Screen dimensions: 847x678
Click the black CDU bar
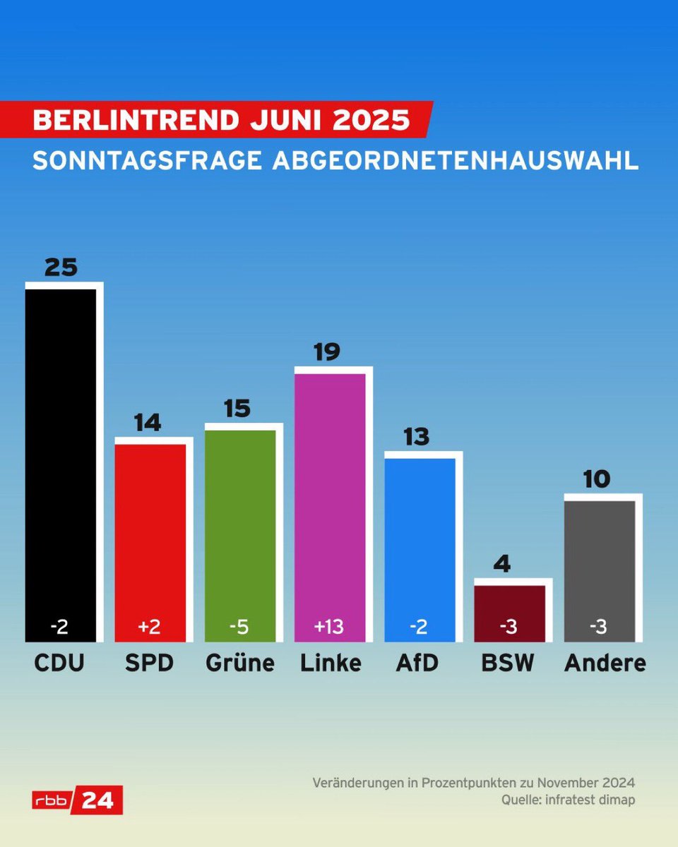click(x=60, y=459)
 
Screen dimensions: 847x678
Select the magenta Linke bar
click(x=330, y=501)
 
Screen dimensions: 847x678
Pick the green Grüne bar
click(x=240, y=529)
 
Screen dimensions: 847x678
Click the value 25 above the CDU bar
click(x=61, y=268)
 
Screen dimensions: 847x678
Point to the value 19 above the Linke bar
click(x=327, y=352)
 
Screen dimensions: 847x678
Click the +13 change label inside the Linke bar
click(x=329, y=626)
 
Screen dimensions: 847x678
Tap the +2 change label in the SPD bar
click(x=150, y=626)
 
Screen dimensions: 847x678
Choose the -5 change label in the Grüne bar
click(x=239, y=626)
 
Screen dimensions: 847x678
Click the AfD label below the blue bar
click(x=417, y=663)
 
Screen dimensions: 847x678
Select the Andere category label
click(x=605, y=663)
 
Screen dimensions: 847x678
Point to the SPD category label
click(x=150, y=663)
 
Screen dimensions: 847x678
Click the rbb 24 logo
click(x=78, y=800)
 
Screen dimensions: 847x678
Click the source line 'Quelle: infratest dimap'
click(x=568, y=800)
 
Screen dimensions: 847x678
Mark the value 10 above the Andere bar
click(x=596, y=480)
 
